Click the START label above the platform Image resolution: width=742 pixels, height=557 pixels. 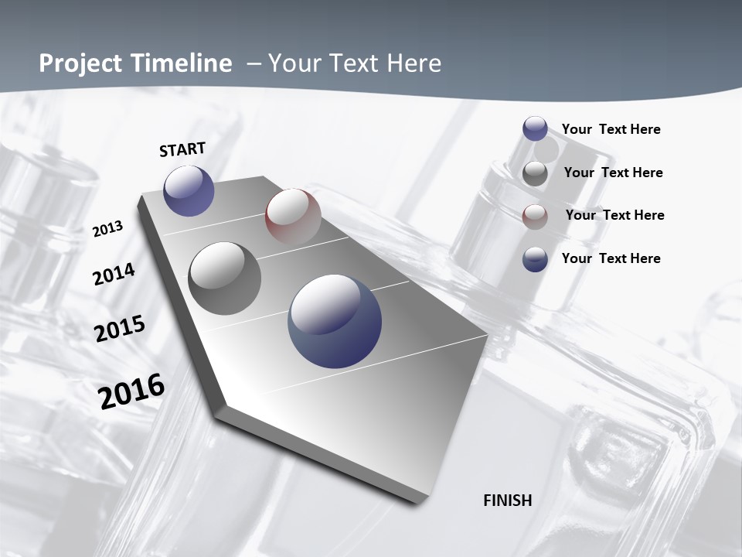coord(182,149)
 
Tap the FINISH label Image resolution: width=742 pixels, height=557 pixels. coord(508,501)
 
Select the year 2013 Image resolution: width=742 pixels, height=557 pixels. coord(107,229)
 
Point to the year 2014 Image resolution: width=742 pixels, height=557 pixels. coord(114,275)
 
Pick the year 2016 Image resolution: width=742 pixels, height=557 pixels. coord(131,391)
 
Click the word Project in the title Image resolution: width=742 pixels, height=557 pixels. coord(80,63)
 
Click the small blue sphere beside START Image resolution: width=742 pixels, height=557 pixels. coord(189,190)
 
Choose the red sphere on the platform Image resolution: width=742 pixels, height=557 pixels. coord(293,216)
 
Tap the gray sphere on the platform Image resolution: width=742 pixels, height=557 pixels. coord(224,278)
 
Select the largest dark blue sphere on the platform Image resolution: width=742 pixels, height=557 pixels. coord(335,320)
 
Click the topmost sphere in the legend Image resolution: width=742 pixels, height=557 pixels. coord(535,129)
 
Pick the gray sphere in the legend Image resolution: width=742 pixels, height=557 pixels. coord(535,173)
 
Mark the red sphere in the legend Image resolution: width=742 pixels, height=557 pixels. coord(535,217)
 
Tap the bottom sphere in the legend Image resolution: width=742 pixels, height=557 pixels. coord(535,259)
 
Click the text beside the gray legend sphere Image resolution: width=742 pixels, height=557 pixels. coord(613,173)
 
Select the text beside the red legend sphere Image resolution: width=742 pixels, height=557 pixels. coord(614,215)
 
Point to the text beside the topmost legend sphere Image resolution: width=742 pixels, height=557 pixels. coord(611,129)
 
